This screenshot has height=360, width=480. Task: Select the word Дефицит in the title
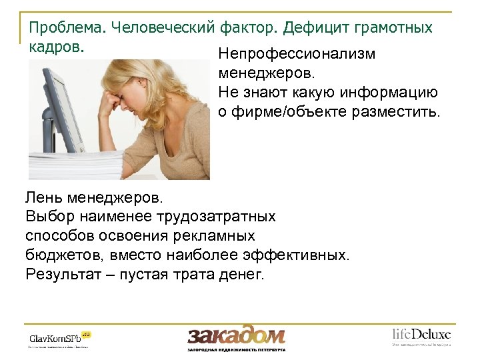click(x=313, y=28)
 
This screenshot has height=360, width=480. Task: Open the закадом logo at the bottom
click(x=236, y=335)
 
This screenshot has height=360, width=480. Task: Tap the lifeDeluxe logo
click(x=421, y=335)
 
